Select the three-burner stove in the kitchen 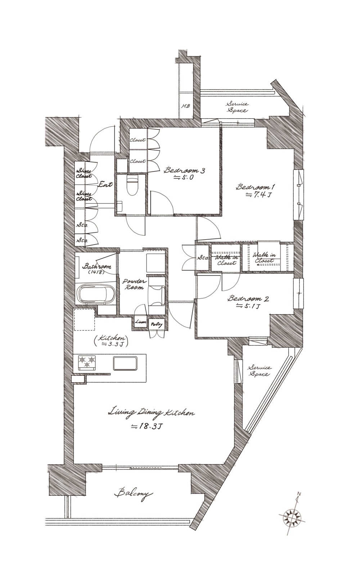tap(87, 362)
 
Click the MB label tap(185, 106)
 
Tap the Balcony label tap(133, 493)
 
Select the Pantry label tap(156, 325)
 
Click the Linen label tap(141, 322)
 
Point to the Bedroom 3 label tap(184, 170)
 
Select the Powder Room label tap(134, 284)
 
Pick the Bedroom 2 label tap(248, 298)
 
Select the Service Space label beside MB tap(238, 107)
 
